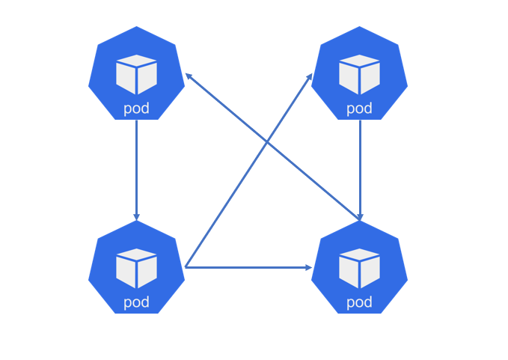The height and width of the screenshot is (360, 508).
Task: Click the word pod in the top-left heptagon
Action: [x=136, y=109]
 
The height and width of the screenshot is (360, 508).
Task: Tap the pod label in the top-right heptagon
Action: [x=359, y=109]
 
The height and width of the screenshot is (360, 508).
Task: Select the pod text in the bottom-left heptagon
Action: [x=136, y=302]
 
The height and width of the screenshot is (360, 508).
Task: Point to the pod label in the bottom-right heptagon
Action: [x=359, y=302]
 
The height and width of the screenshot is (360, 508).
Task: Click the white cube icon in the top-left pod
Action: [x=136, y=74]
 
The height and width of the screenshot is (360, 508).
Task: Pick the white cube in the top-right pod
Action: [x=359, y=74]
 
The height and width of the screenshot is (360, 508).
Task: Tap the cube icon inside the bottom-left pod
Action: [x=136, y=268]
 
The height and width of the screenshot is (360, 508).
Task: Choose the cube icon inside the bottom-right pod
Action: [x=359, y=268]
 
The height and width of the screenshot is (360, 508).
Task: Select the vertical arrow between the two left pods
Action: [x=136, y=168]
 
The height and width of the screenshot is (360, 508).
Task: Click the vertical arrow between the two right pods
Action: [x=360, y=168]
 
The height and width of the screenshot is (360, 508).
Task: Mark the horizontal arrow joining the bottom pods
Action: [x=247, y=267]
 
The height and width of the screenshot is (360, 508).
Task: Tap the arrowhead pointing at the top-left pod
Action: [x=189, y=76]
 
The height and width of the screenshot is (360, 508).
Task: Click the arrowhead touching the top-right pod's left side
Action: [x=310, y=76]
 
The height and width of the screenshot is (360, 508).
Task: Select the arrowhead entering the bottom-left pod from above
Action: [x=136, y=217]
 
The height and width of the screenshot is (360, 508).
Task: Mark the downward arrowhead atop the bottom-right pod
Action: [x=360, y=217]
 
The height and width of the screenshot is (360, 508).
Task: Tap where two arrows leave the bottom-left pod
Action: [x=186, y=266]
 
